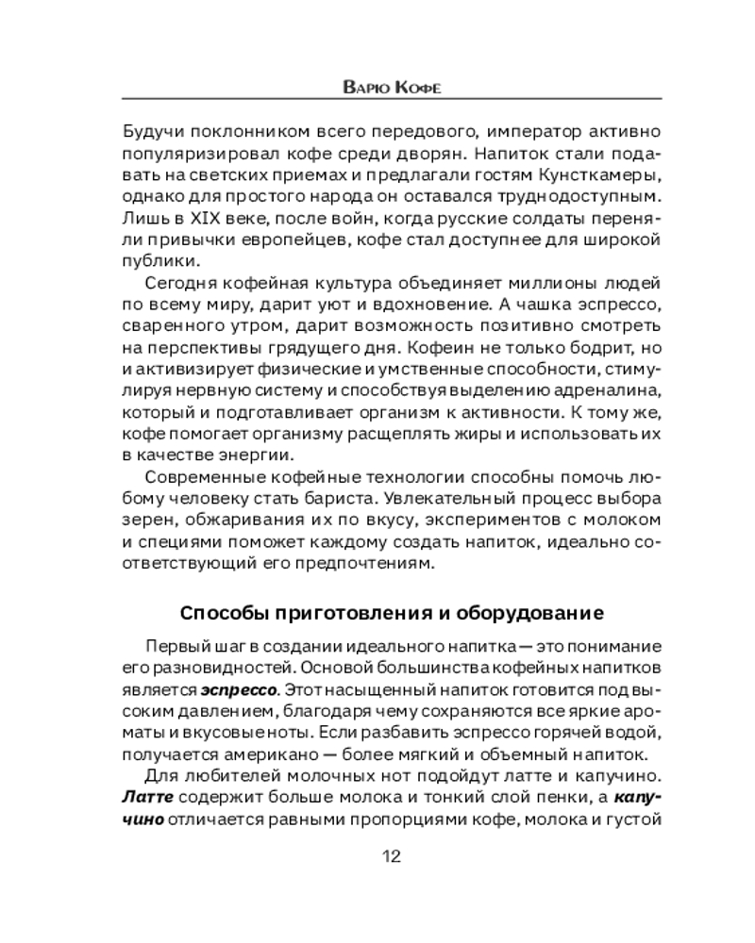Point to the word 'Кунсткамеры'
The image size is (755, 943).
[588, 175]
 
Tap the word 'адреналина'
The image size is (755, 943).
[596, 390]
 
